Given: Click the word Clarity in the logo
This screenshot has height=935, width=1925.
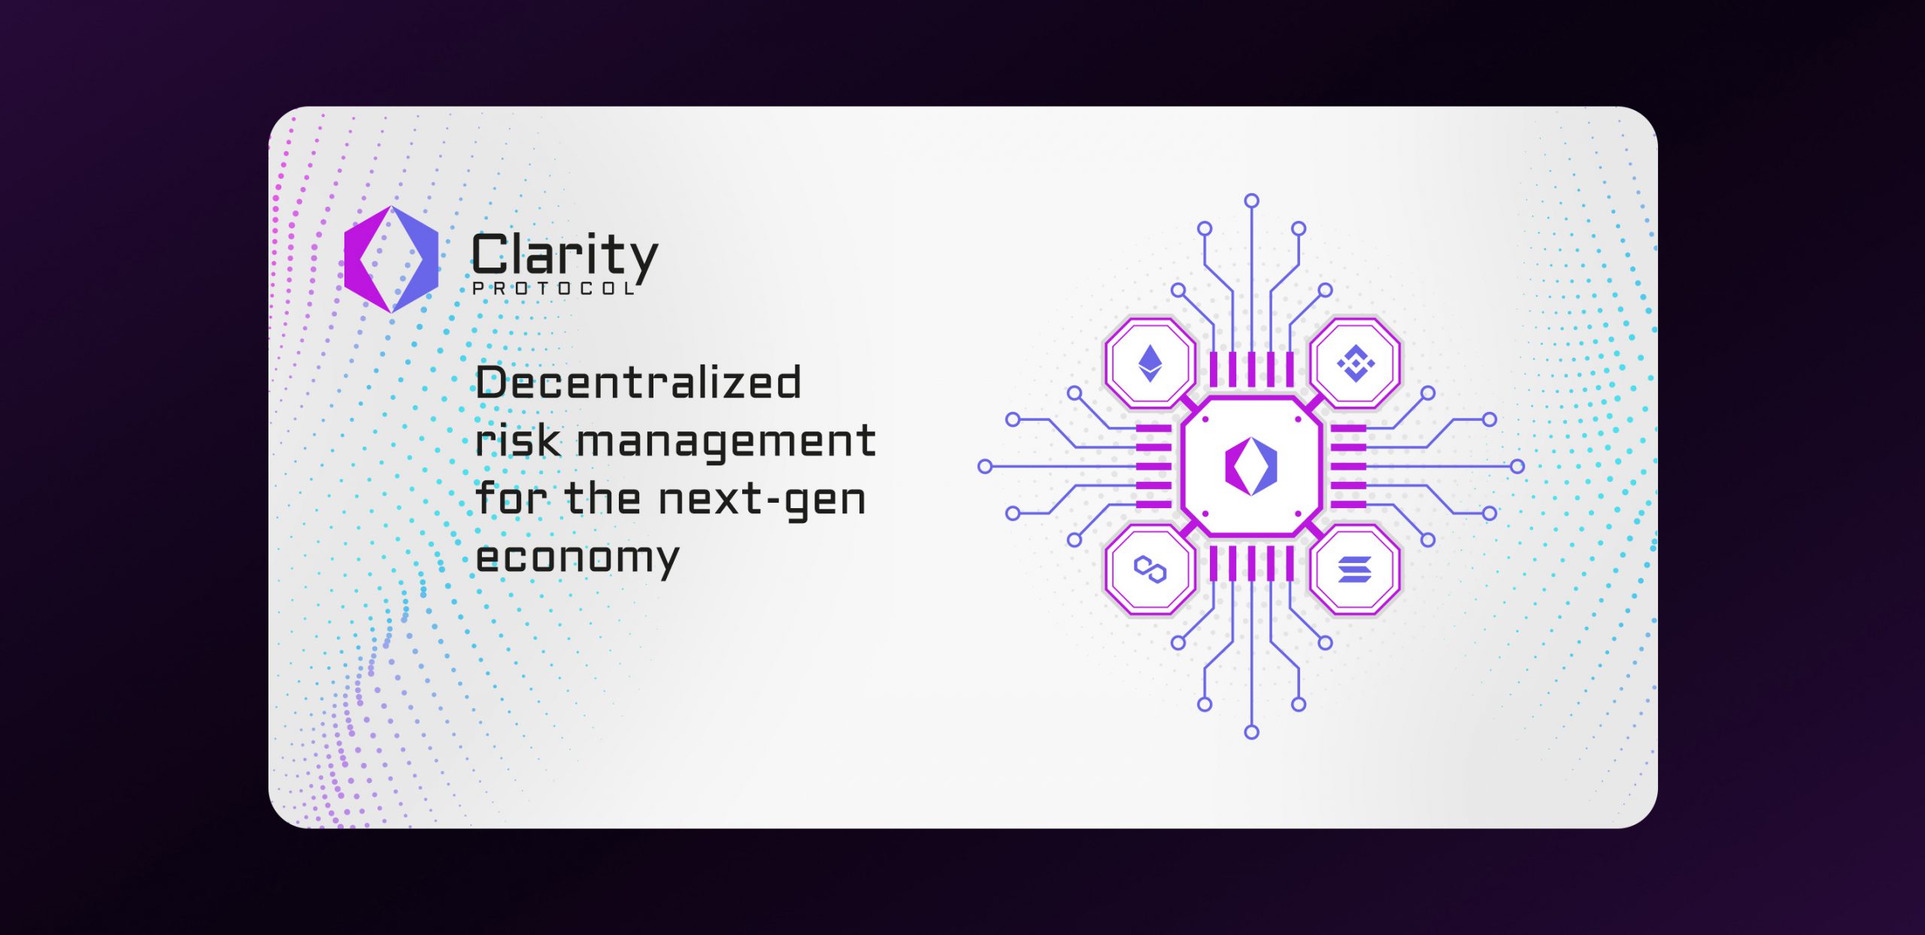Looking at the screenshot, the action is (565, 256).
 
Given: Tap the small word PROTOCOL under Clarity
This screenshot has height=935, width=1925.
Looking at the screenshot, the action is (554, 289).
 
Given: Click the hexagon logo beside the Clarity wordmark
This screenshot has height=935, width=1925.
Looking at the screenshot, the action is (391, 259).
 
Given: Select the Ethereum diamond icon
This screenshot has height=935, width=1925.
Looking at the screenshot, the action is (1150, 363).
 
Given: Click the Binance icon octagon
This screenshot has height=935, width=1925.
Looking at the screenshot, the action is (1355, 363).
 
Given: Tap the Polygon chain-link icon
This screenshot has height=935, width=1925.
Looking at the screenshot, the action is (1150, 570).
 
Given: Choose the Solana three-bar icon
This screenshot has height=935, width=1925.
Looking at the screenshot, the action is (1355, 570).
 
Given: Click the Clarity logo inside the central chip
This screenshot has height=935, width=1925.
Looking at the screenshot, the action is (1251, 466).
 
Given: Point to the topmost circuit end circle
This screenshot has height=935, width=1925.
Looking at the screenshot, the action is (1251, 201).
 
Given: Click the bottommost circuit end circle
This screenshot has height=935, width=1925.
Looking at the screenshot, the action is (1251, 732).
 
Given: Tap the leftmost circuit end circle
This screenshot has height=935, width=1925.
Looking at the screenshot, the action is (985, 467).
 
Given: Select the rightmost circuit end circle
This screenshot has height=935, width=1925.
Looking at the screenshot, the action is (1517, 467).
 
